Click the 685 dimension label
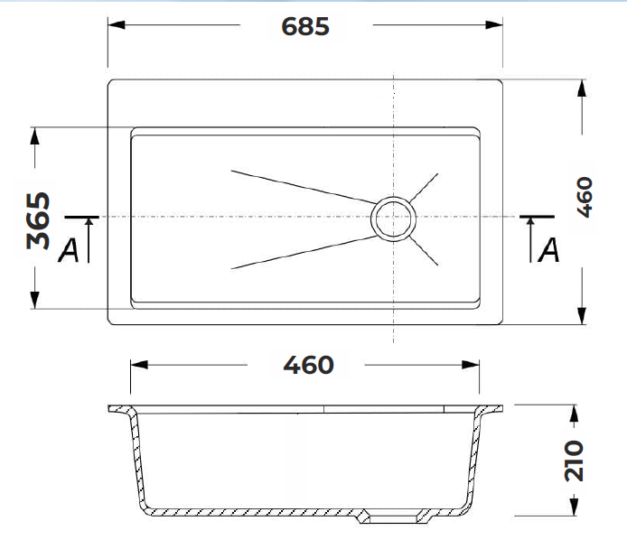tap(305, 26)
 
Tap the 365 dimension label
tap(38, 221)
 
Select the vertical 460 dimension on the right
tap(585, 197)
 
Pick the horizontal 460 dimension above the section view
tap(308, 365)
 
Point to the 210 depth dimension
tap(574, 461)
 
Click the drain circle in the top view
tap(393, 218)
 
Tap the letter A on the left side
tap(69, 251)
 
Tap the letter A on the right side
tap(548, 250)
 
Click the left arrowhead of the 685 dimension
tap(117, 24)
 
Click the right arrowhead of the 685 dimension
tap(494, 24)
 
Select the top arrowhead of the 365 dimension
tap(35, 135)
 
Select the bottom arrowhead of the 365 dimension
tap(35, 300)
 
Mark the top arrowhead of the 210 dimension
tap(574, 413)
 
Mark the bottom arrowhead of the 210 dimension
tap(574, 507)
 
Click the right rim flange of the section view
tap(489, 409)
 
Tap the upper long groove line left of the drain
tap(304, 187)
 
